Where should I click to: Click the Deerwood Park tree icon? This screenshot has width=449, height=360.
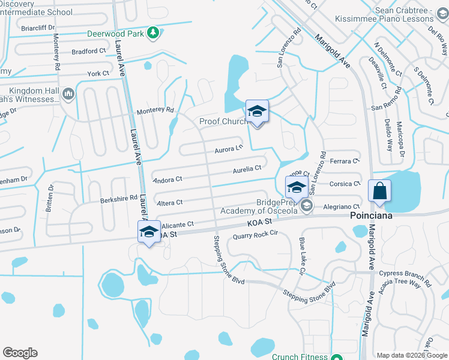click(154, 33)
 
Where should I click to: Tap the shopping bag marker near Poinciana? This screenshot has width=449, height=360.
click(379, 192)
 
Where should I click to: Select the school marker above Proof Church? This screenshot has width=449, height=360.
click(257, 112)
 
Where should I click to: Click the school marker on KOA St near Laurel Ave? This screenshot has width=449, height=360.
click(149, 232)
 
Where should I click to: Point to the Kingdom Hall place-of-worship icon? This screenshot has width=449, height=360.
click(68, 94)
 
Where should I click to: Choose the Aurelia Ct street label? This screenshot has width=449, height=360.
click(247, 170)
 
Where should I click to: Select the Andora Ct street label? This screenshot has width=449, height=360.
click(167, 179)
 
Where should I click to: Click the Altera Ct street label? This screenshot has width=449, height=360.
click(169, 203)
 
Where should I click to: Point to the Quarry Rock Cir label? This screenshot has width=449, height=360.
click(258, 234)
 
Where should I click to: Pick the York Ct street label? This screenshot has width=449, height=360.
click(98, 73)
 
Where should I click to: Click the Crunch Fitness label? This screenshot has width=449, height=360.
click(298, 356)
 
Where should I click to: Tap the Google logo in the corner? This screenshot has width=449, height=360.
click(20, 353)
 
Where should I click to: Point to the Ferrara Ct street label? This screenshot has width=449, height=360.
click(345, 161)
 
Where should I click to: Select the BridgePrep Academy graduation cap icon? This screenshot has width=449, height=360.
click(307, 206)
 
